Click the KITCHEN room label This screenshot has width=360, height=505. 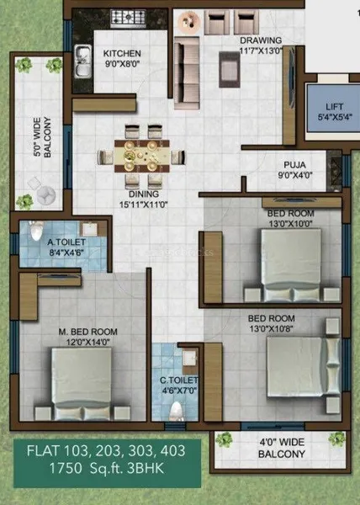pos(122,54)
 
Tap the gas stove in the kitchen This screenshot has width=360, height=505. pos(128,18)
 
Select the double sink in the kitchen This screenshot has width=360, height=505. pos(82,61)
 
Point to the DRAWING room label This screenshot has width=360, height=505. pos(261,40)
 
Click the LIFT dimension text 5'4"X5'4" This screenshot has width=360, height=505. pos(335,117)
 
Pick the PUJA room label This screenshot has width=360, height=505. pos(294,165)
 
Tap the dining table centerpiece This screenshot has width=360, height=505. pos(130,157)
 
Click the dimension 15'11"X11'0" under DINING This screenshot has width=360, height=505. pos(144,205)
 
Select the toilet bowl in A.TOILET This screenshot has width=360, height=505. pos(36,230)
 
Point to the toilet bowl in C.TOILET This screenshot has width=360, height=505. pos(177,412)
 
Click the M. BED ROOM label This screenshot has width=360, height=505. pos(87,332)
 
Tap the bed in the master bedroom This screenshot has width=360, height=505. pos(82,385)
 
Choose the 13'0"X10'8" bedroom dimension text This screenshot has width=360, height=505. pos(271,329)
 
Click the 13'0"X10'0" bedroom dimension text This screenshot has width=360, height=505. pos(290,224)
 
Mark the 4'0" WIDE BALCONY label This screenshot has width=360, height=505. pos(282,448)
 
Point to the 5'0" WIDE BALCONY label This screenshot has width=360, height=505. pos(42,137)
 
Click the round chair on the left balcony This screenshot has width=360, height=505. pos(45,194)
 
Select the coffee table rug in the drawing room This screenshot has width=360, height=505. pos(230,69)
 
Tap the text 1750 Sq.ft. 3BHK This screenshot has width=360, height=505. pos(107,468)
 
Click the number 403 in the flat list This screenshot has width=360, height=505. pos(172,450)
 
